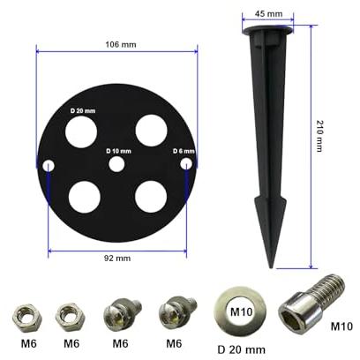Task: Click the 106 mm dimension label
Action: pos(121,45)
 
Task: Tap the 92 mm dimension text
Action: pos(117,259)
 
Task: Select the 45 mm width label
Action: pos(268,13)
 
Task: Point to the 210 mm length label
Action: pos(319,136)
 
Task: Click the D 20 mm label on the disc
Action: pos(83,111)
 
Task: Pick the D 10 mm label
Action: pos(118,151)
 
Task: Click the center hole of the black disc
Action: pos(116,164)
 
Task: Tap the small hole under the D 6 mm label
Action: pos(186,164)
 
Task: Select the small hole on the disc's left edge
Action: pos(49,166)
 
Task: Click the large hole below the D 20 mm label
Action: pos(81,131)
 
